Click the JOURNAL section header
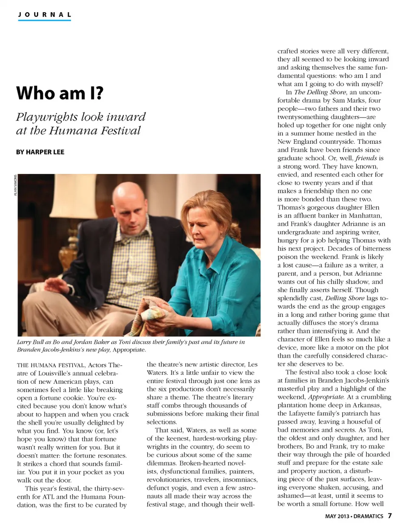pyautogui.click(x=45, y=14)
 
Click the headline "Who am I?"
pyautogui.click(x=59, y=93)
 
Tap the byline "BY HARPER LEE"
pyautogui.click(x=40, y=152)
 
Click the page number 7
pyautogui.click(x=390, y=516)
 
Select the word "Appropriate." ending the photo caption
pyautogui.click(x=129, y=350)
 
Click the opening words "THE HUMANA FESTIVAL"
pyautogui.click(x=51, y=365)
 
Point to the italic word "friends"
pyautogui.click(x=366, y=158)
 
